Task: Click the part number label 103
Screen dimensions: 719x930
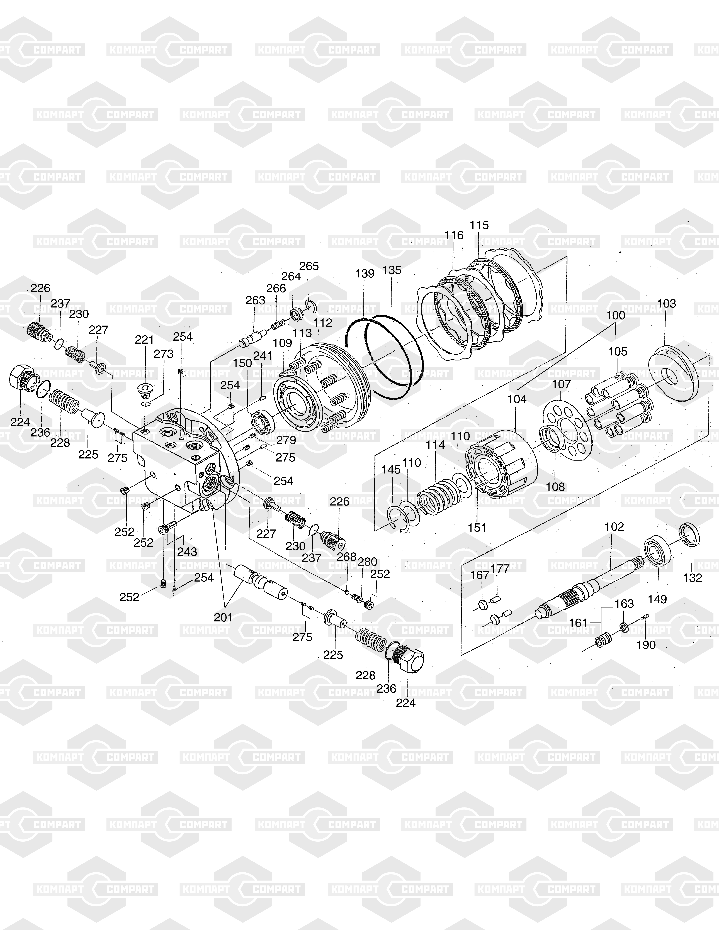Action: (667, 304)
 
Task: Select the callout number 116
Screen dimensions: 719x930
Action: (454, 235)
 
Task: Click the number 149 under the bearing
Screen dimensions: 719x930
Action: (657, 599)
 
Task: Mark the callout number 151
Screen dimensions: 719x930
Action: (477, 528)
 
